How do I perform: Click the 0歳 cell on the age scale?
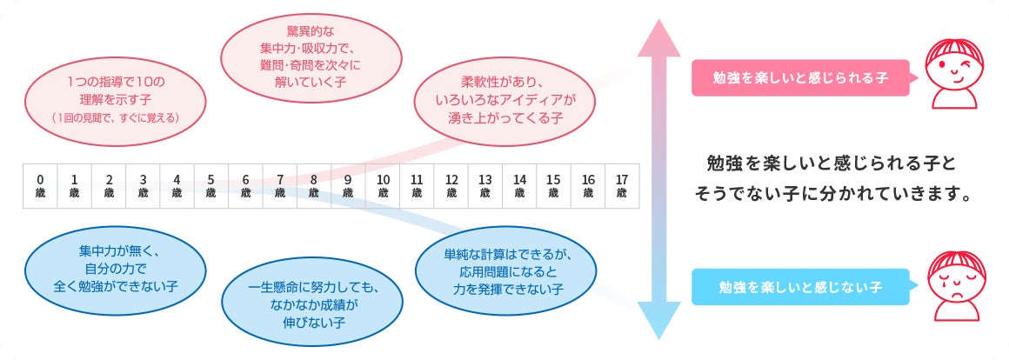[x=40, y=186]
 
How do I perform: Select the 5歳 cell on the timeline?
[x=211, y=186]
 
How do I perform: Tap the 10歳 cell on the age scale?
[x=383, y=186]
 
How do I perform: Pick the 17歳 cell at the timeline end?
[x=622, y=186]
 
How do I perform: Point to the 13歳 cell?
[x=485, y=186]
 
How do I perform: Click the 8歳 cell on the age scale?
[x=314, y=186]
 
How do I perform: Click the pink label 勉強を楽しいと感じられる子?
[x=800, y=77]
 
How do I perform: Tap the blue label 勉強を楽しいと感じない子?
[x=800, y=286]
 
